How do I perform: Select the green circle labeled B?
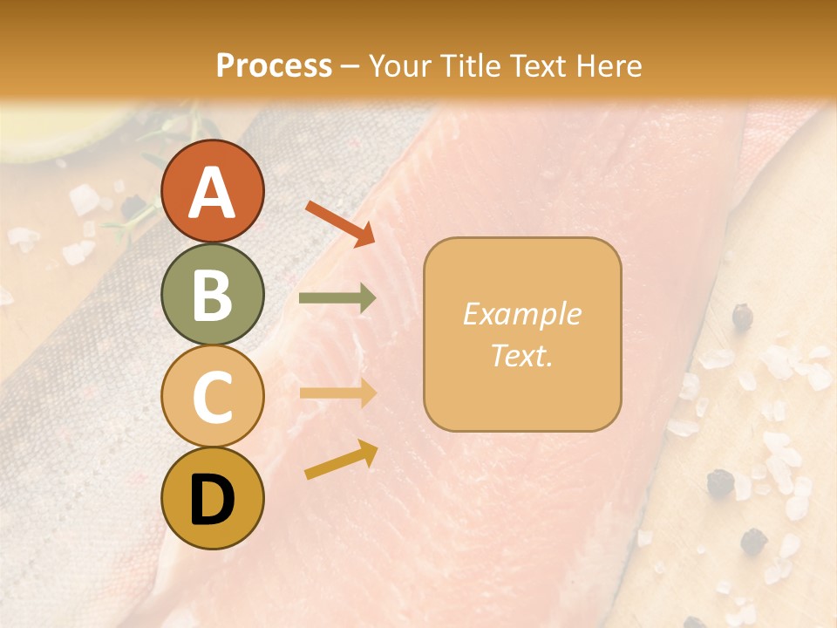click(212, 294)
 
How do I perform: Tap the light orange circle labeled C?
click(212, 397)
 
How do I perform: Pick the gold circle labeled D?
click(212, 499)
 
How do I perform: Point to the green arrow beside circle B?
click(337, 298)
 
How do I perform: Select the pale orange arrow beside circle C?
click(337, 393)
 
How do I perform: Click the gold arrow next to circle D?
click(341, 461)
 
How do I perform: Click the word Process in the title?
click(274, 65)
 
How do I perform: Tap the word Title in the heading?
click(472, 65)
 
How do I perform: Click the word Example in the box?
click(521, 314)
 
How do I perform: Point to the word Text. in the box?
click(521, 356)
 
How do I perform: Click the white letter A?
click(212, 193)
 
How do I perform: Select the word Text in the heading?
click(539, 65)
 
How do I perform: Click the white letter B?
click(212, 296)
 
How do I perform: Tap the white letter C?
click(212, 398)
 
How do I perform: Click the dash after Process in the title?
click(350, 67)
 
